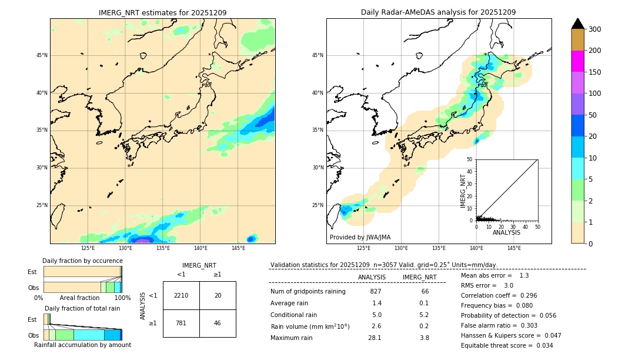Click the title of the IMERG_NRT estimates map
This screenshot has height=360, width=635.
(162, 12)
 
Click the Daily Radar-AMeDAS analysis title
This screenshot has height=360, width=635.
(438, 12)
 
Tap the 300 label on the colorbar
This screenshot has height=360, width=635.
(595, 29)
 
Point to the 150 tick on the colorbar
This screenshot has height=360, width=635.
(595, 72)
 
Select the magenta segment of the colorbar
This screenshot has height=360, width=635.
(577, 61)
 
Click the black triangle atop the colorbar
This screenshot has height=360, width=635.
(577, 24)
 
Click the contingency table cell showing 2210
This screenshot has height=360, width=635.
(181, 295)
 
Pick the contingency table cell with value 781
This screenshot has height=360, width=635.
(181, 323)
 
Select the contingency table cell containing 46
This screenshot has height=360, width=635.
(218, 323)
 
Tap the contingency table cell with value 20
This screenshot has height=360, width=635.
(218, 295)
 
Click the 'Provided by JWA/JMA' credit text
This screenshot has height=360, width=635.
(360, 237)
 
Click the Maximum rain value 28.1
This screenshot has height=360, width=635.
(375, 338)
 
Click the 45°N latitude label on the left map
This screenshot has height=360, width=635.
(42, 55)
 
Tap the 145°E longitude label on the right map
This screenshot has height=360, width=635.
(514, 248)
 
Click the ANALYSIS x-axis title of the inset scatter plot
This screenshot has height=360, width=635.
(506, 232)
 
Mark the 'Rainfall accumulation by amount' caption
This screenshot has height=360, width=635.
(83, 345)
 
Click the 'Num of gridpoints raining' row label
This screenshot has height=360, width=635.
(308, 292)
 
